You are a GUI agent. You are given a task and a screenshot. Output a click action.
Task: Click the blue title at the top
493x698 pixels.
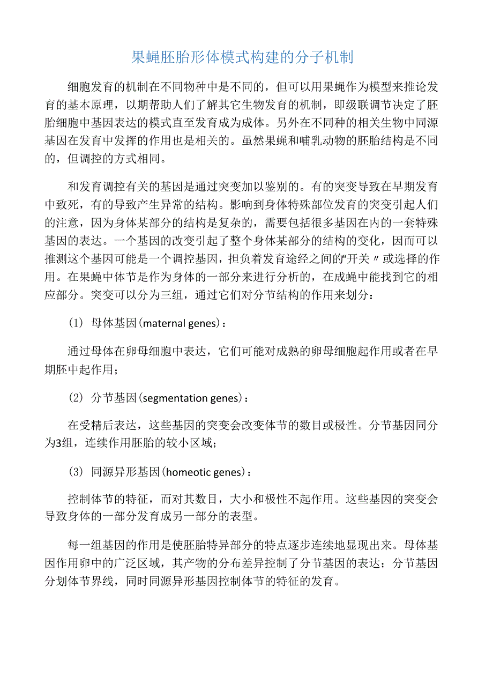coord(242,57)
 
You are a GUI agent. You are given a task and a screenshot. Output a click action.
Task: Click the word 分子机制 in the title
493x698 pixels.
coord(326,57)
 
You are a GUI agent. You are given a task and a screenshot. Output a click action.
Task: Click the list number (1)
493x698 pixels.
coord(76,324)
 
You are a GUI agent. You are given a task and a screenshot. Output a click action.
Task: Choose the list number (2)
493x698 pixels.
coord(76,398)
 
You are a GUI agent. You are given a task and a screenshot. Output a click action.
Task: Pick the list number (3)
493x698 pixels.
coord(76,472)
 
